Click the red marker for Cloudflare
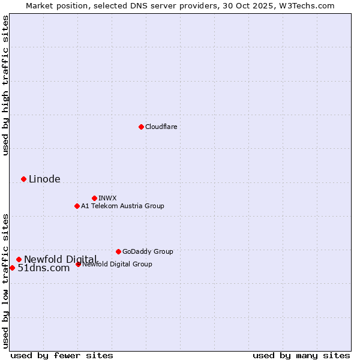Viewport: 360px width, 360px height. point(141,127)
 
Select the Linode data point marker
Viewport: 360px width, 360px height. point(23,179)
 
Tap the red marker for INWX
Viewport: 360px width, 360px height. point(94,198)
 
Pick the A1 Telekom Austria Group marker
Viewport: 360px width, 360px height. point(77,206)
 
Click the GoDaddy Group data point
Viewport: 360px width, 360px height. point(118,251)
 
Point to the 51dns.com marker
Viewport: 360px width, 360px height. point(12,268)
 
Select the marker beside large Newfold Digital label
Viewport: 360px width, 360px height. point(19,259)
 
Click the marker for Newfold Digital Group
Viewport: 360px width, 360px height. point(78,264)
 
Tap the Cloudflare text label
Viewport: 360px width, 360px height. point(161,127)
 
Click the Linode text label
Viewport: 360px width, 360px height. point(44,179)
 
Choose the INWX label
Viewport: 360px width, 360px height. point(107,198)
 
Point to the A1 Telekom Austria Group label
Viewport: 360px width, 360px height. point(122,206)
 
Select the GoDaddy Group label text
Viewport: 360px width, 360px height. point(148,251)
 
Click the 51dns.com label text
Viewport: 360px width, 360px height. point(44,268)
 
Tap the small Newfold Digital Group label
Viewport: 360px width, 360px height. point(117,264)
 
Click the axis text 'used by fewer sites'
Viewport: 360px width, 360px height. point(62,355)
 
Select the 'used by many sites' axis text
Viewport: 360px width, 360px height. point(301,355)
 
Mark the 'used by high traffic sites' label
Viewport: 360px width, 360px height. point(5,85)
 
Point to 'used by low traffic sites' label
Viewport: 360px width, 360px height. point(5,280)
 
